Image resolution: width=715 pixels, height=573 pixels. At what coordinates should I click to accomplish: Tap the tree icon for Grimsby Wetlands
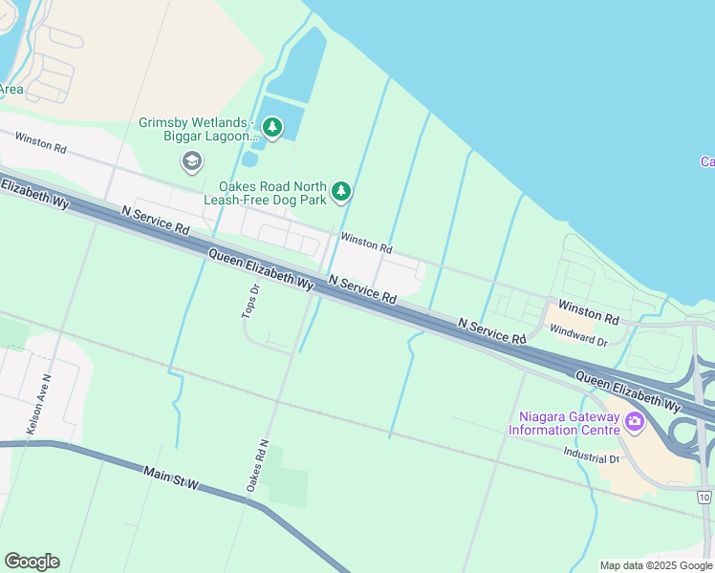(x=273, y=127)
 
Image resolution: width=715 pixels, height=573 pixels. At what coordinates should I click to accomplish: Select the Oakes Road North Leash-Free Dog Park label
(x=272, y=194)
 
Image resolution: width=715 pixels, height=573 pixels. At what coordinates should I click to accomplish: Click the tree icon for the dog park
(x=341, y=193)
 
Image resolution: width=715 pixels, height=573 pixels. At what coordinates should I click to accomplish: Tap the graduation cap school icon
(x=192, y=161)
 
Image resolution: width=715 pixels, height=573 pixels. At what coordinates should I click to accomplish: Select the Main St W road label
(x=171, y=478)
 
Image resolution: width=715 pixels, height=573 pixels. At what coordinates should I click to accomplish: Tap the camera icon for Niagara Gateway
(x=634, y=421)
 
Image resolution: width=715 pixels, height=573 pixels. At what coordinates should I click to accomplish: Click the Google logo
(x=32, y=562)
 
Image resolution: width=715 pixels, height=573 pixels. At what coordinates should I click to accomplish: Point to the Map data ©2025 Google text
(x=656, y=565)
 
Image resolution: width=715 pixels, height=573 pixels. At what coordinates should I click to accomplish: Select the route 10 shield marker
(x=704, y=498)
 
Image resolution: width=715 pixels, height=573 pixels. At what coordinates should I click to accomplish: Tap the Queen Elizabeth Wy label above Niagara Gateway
(x=627, y=393)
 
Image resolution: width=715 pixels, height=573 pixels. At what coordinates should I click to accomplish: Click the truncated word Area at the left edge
(x=11, y=90)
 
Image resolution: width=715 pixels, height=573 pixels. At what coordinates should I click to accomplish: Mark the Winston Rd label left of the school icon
(x=40, y=143)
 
